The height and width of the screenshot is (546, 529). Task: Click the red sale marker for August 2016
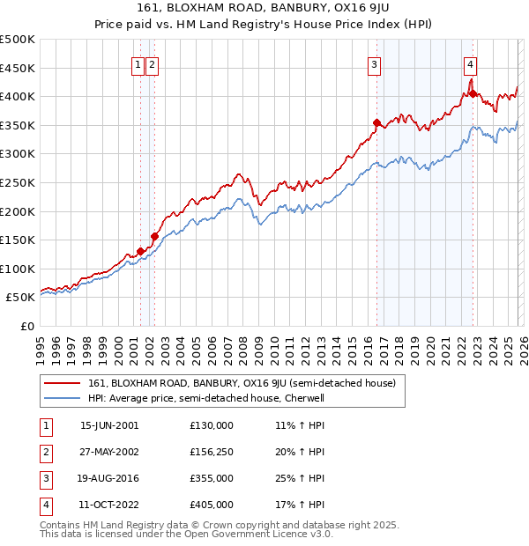click(376, 122)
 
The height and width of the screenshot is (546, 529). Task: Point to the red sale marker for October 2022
click(473, 93)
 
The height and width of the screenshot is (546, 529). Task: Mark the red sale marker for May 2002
click(154, 236)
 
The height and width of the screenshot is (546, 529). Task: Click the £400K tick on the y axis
click(18, 97)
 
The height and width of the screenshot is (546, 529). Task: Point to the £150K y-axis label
click(18, 240)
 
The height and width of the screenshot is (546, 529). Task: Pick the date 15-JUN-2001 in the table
click(109, 425)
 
